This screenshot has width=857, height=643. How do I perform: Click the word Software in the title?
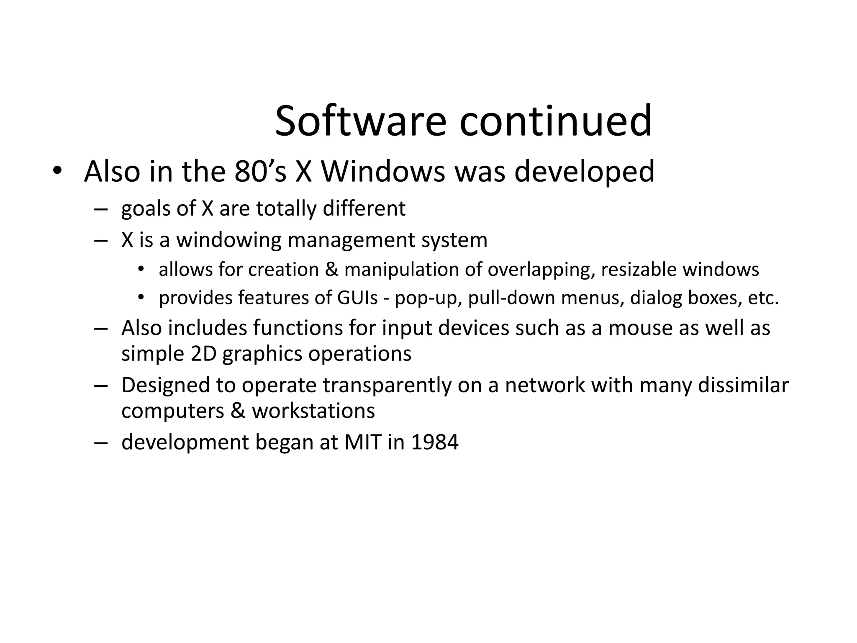point(360,121)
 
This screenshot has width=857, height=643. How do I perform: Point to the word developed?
point(584,172)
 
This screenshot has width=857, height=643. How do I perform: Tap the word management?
point(351,240)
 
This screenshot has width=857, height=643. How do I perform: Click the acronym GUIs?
point(357,298)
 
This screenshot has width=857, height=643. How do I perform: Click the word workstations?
point(313,411)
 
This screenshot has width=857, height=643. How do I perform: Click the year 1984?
point(435,442)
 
